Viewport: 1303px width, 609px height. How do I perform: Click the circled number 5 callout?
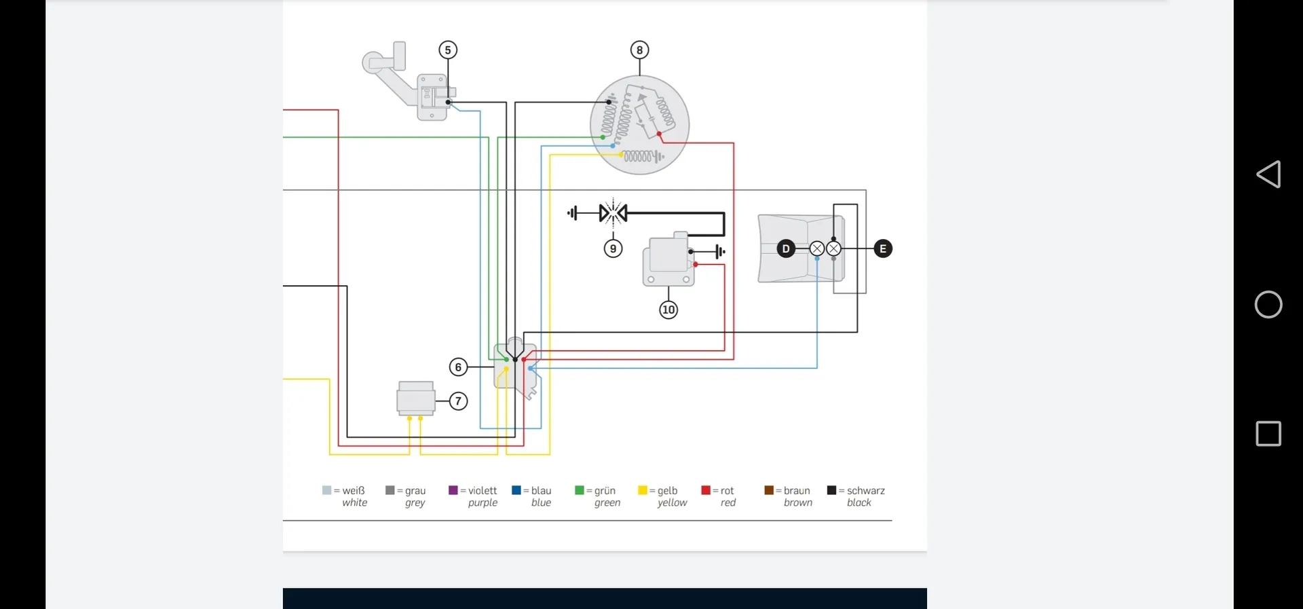(448, 50)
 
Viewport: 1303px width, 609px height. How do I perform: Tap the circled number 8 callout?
(639, 50)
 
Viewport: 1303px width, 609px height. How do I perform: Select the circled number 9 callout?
(613, 248)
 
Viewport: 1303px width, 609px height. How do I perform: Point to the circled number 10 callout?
(668, 310)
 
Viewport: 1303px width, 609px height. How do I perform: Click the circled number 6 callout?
(458, 367)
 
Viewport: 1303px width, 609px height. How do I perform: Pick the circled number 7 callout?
(458, 401)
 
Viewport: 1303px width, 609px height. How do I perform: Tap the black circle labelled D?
(786, 248)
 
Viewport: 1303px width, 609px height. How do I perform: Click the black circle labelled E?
(883, 248)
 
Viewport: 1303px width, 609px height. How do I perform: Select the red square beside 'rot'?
(706, 490)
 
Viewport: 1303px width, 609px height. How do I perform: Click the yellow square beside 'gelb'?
(642, 490)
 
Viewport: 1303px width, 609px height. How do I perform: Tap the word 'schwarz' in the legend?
(866, 490)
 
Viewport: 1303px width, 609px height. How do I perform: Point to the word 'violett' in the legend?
(483, 490)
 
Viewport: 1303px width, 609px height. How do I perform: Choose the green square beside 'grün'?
(579, 490)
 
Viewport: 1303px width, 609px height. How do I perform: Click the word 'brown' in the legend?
(798, 503)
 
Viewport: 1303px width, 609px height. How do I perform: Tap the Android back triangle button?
(1268, 174)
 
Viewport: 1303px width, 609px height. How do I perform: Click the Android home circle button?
(1268, 304)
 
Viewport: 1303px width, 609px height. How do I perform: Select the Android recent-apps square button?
(1268, 433)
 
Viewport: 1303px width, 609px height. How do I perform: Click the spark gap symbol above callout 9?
(613, 213)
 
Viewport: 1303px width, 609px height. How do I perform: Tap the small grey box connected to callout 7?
(415, 398)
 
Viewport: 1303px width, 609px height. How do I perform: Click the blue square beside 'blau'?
(516, 490)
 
